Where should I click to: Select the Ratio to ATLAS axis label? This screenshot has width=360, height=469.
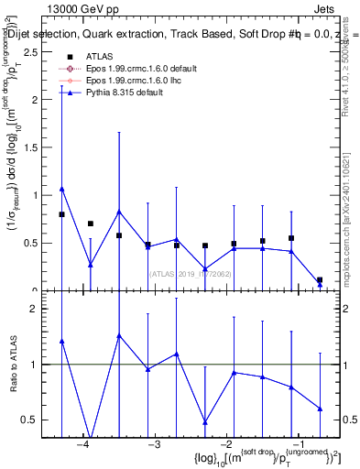point(13,364)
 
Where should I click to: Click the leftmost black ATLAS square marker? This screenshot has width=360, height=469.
point(61,214)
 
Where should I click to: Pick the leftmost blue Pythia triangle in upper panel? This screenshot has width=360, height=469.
point(61,189)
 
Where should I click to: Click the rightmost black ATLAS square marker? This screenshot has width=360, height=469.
point(320,280)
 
